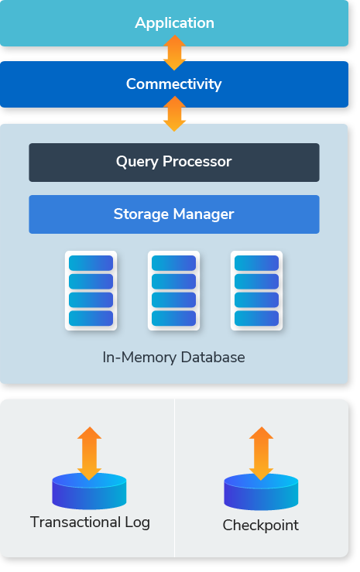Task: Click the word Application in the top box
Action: click(x=174, y=23)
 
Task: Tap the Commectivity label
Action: click(x=173, y=84)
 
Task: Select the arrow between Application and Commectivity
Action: click(x=174, y=53)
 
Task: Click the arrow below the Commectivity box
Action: click(x=174, y=114)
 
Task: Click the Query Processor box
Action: click(x=174, y=163)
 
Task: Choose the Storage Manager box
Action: click(x=174, y=214)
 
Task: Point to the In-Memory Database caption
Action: click(x=173, y=357)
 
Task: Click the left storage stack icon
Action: click(x=91, y=290)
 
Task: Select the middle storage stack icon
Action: click(x=173, y=290)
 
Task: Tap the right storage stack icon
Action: click(x=256, y=290)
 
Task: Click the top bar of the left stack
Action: click(x=91, y=263)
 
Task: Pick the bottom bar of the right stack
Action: click(x=256, y=318)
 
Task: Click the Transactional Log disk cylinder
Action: click(x=89, y=491)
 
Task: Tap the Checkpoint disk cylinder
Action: click(x=261, y=492)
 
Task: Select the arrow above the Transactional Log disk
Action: click(x=89, y=454)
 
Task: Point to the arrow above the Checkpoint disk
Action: click(x=261, y=454)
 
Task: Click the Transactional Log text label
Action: click(x=90, y=522)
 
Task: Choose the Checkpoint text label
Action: click(x=260, y=526)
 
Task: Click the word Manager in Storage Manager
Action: click(x=204, y=214)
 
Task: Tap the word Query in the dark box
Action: click(x=137, y=162)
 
